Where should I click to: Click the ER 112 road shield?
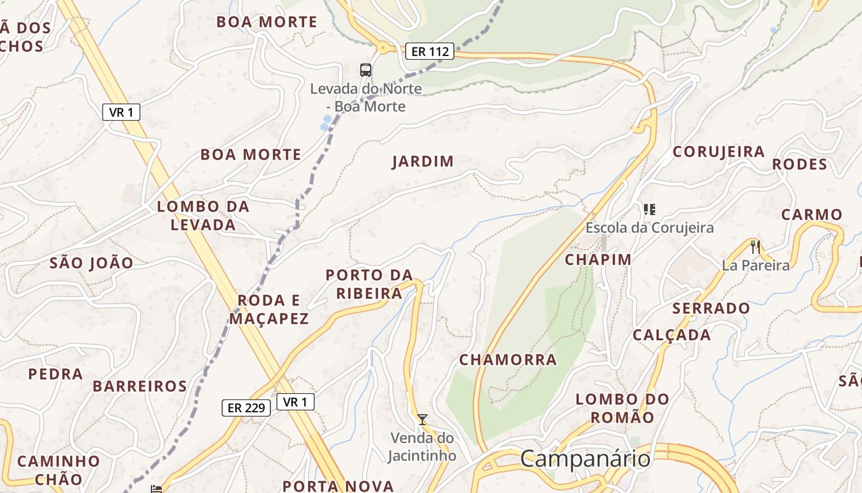429,51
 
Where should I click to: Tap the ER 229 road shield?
246,407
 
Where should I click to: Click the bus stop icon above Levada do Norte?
366,70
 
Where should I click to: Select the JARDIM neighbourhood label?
423,161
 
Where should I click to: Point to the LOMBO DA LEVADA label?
203,216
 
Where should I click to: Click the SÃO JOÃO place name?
91,263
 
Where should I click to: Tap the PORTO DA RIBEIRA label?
369,283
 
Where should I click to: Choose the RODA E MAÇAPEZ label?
269,309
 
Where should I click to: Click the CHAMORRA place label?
508,359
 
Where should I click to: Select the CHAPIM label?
598,259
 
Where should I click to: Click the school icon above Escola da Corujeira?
650,210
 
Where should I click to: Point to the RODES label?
800,165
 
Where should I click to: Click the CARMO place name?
812,214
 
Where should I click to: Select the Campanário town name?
585,458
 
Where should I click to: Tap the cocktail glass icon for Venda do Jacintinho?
422,420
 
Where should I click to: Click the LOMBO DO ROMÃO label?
622,408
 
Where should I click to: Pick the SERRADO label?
711,308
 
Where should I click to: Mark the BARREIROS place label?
140,386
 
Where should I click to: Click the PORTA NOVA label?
338,486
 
